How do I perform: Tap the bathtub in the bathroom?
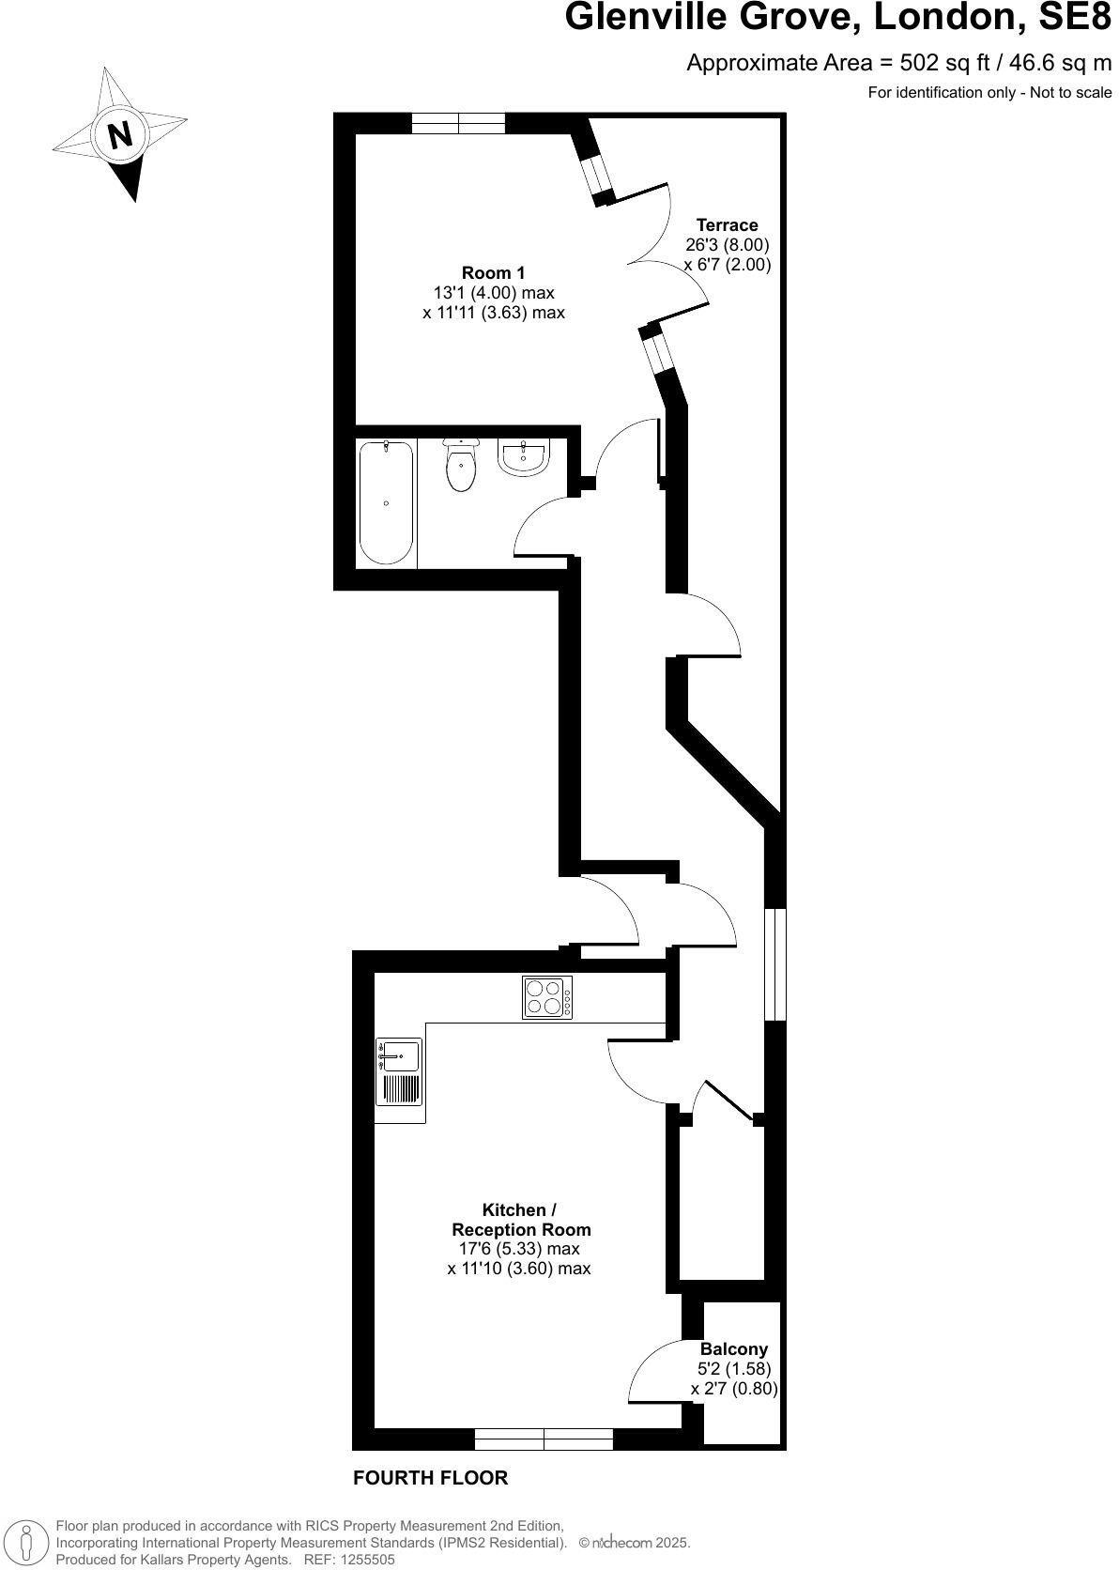point(386,502)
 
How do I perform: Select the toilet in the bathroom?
point(461,466)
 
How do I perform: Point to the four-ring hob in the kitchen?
point(547,997)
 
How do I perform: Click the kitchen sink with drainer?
point(399,1072)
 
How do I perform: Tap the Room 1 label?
point(494,273)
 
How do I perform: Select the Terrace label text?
point(727,225)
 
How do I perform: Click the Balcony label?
point(733,1349)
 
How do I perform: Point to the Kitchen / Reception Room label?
point(520,1220)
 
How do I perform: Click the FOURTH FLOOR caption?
point(430,1478)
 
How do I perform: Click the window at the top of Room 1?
point(458,123)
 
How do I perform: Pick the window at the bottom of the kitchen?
point(544,1439)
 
